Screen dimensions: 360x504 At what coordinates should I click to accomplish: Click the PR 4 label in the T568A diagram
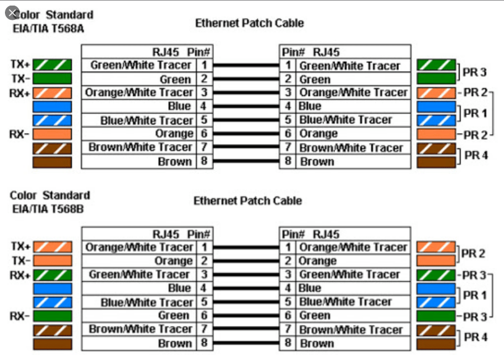tap(476, 155)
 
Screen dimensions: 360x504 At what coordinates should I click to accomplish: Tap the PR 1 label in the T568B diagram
tap(475, 295)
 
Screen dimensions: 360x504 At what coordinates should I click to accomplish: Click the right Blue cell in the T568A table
tap(352, 106)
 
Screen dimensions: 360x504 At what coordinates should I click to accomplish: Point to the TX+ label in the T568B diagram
tap(20, 246)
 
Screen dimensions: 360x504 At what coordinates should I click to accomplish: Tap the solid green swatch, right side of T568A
tap(436, 79)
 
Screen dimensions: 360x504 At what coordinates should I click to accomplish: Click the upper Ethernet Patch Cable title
tap(249, 24)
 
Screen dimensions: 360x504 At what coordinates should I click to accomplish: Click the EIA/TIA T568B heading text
tap(47, 208)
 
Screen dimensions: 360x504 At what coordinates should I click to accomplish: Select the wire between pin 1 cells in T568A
tap(246, 65)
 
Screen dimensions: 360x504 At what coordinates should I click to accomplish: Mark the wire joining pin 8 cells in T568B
tap(246, 343)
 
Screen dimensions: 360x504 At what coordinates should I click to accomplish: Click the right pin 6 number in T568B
tap(288, 315)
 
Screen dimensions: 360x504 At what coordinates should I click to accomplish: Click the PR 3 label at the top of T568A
tap(475, 72)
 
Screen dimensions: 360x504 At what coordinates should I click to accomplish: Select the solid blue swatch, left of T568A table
tap(52, 106)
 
